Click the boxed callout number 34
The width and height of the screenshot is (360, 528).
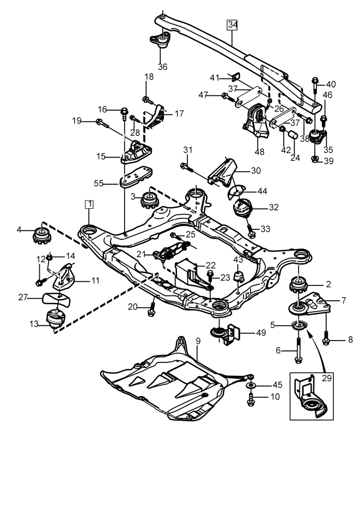(x=232, y=25)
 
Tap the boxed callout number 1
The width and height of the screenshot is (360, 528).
(x=89, y=204)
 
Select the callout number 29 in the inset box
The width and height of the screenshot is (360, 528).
(x=327, y=378)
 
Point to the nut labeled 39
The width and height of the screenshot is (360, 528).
(x=315, y=159)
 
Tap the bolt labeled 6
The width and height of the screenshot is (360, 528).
(x=298, y=350)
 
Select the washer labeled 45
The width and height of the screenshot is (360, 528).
(x=251, y=385)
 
